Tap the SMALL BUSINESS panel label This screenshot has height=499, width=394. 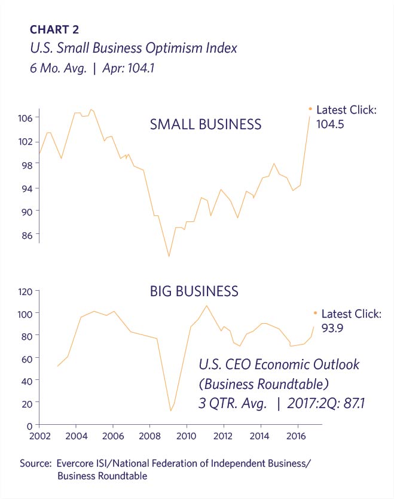coord(205,124)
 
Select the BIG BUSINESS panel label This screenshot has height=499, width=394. coord(194,291)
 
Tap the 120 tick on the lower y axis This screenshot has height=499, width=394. coord(24,291)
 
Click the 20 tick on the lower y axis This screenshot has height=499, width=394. coord(26,403)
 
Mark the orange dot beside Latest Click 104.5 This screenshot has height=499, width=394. coord(310,109)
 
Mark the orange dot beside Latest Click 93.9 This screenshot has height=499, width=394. coord(315,312)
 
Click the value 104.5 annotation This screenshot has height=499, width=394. coord(332,124)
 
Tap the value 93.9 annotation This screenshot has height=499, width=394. coord(335,328)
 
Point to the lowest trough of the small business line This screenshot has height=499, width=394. coord(169,257)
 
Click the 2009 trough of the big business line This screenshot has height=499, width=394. coord(170,410)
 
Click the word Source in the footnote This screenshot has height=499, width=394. coord(37,464)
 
